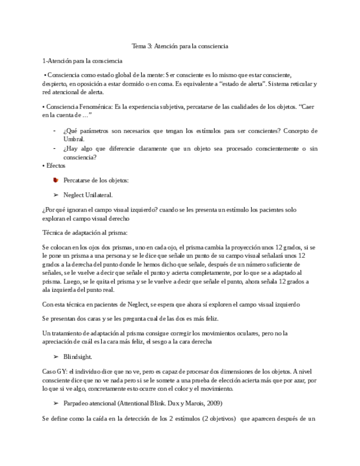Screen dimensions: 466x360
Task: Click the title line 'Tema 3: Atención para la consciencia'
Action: pyautogui.click(x=180, y=47)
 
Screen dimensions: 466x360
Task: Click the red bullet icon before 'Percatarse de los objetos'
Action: pyautogui.click(x=55, y=180)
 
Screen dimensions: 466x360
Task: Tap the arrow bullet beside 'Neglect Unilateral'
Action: pyautogui.click(x=55, y=195)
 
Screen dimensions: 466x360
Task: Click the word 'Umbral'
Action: pyautogui.click(x=74, y=140)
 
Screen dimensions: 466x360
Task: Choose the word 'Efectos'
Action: pyautogui.click(x=55, y=165)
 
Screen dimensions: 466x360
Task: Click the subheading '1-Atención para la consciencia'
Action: pyautogui.click(x=82, y=60)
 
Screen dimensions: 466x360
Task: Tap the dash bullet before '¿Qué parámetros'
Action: pyautogui.click(x=54, y=131)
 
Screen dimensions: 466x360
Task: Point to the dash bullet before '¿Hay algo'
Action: pyautogui.click(x=54, y=148)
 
